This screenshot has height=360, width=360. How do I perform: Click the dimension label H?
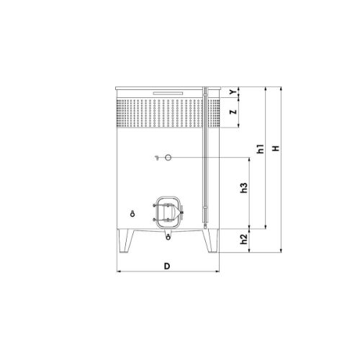pyautogui.click(x=276, y=148)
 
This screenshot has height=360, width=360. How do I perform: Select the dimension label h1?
pyautogui.click(x=261, y=149)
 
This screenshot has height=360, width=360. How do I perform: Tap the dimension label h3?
pyautogui.click(x=244, y=188)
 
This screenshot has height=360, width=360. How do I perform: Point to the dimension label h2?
pyautogui.click(x=244, y=239)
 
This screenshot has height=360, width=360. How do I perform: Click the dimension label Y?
pyautogui.click(x=233, y=92)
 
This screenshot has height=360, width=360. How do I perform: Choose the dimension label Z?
pyautogui.click(x=233, y=112)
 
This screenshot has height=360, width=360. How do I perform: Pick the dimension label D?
pyautogui.click(x=167, y=266)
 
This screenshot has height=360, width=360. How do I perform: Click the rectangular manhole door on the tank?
pyautogui.click(x=168, y=212)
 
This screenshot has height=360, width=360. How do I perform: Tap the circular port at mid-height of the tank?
pyautogui.click(x=168, y=158)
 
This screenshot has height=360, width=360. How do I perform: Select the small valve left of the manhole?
pyautogui.click(x=132, y=214)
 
